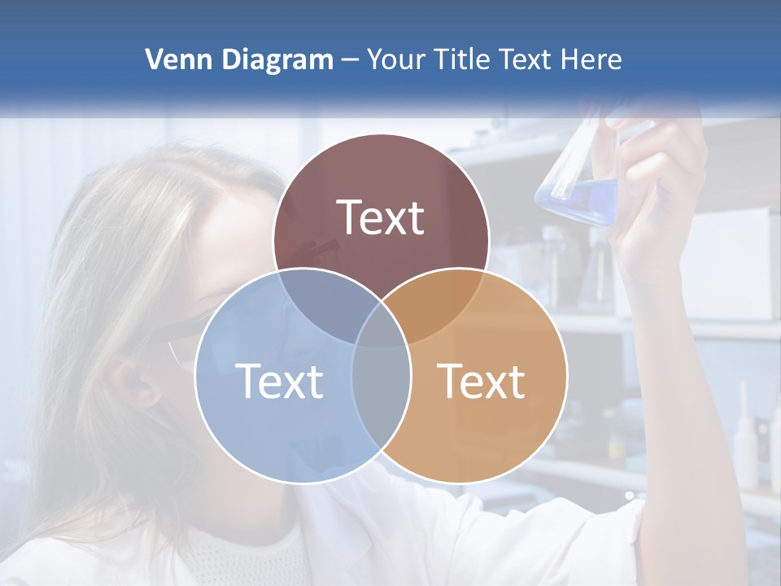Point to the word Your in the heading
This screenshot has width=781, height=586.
pyautogui.click(x=396, y=59)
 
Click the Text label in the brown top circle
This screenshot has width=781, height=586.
pyautogui.click(x=381, y=218)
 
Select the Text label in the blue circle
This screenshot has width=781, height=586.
pyautogui.click(x=279, y=381)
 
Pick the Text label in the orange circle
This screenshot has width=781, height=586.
pyautogui.click(x=482, y=381)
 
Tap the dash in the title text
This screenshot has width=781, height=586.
pyautogui.click(x=350, y=60)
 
